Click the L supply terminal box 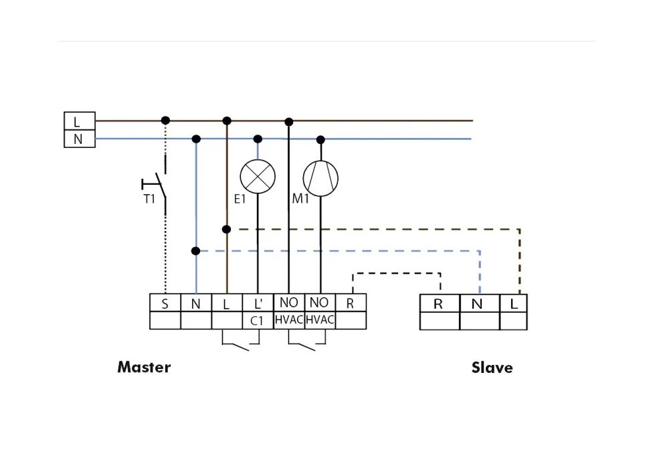coord(79,121)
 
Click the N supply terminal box coord(79,139)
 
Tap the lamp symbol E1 coord(258,177)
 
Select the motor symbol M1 coord(320,178)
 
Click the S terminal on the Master coord(165,303)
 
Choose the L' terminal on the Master coord(258,303)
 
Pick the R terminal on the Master coord(351,303)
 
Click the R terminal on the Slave coord(439,303)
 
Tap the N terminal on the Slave coord(478,303)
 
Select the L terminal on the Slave coord(514,303)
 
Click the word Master coord(144,367)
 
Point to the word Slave coord(492,368)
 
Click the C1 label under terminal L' coord(258,321)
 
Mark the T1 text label coord(149,199)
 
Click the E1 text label coord(240,199)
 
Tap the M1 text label coord(300,199)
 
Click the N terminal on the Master coord(196,303)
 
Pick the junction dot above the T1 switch coord(165,121)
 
